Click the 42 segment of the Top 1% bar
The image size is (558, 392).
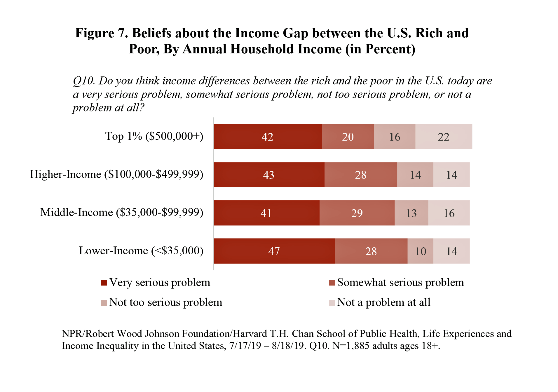point(268,136)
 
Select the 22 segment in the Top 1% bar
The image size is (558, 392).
point(444,136)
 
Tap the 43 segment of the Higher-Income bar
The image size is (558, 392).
point(269,175)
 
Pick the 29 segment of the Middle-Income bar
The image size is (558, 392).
point(357,213)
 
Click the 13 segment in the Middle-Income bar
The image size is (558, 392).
point(411,213)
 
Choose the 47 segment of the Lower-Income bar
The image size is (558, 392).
point(274,251)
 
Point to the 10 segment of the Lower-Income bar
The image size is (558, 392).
point(421,251)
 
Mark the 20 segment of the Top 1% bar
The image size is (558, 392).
point(348,136)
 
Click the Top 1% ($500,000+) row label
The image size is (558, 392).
point(154,136)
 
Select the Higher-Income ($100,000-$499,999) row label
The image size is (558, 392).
point(116,174)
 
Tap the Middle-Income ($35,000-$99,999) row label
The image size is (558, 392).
point(122,212)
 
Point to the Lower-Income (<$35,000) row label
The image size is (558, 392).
point(141,251)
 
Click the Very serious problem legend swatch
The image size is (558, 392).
point(104,283)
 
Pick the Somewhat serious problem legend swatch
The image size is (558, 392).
point(332,283)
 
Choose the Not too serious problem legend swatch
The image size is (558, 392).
point(104,303)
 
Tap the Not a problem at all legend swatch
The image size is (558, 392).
point(332,303)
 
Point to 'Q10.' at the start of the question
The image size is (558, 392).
point(84,81)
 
